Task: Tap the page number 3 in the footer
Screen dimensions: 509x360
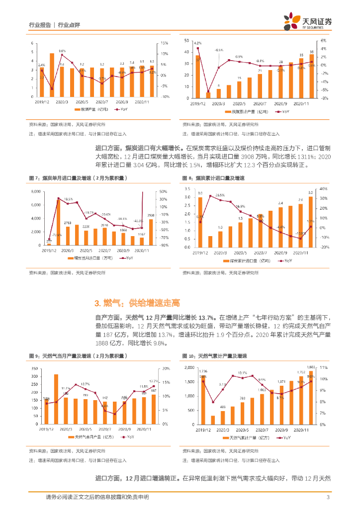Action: coord(328,497)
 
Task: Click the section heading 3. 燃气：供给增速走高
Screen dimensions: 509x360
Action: coord(137,303)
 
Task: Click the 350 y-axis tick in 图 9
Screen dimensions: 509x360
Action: coord(34,368)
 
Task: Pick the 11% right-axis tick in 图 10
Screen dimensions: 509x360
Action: coord(323,367)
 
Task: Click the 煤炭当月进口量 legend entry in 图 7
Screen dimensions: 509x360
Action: coord(87,258)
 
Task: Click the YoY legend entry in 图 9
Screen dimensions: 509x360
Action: coord(128,437)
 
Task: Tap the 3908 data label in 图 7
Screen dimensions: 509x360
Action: coord(151,215)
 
